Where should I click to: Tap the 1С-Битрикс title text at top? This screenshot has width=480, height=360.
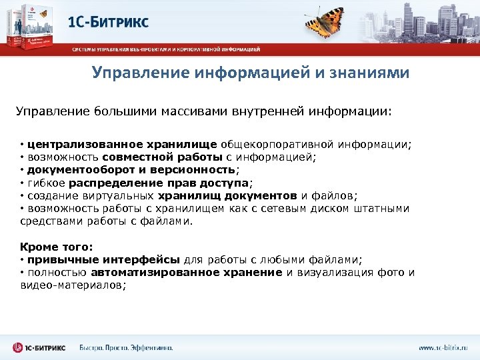pyautogui.click(x=108, y=21)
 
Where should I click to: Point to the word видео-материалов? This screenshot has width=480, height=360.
pyautogui.click(x=72, y=285)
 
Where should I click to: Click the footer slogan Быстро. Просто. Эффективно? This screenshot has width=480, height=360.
pyautogui.click(x=126, y=347)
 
